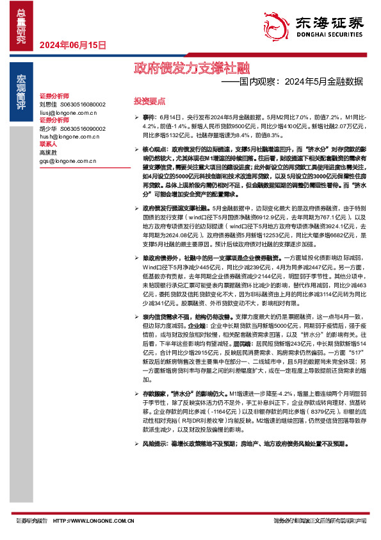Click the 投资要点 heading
pyautogui.click(x=149, y=101)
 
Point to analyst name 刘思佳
pyautogui.click(x=48, y=104)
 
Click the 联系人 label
pyautogui.click(x=48, y=144)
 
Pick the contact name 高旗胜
pyautogui.click(x=48, y=153)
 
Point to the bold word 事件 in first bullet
pyautogui.click(x=149, y=119)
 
